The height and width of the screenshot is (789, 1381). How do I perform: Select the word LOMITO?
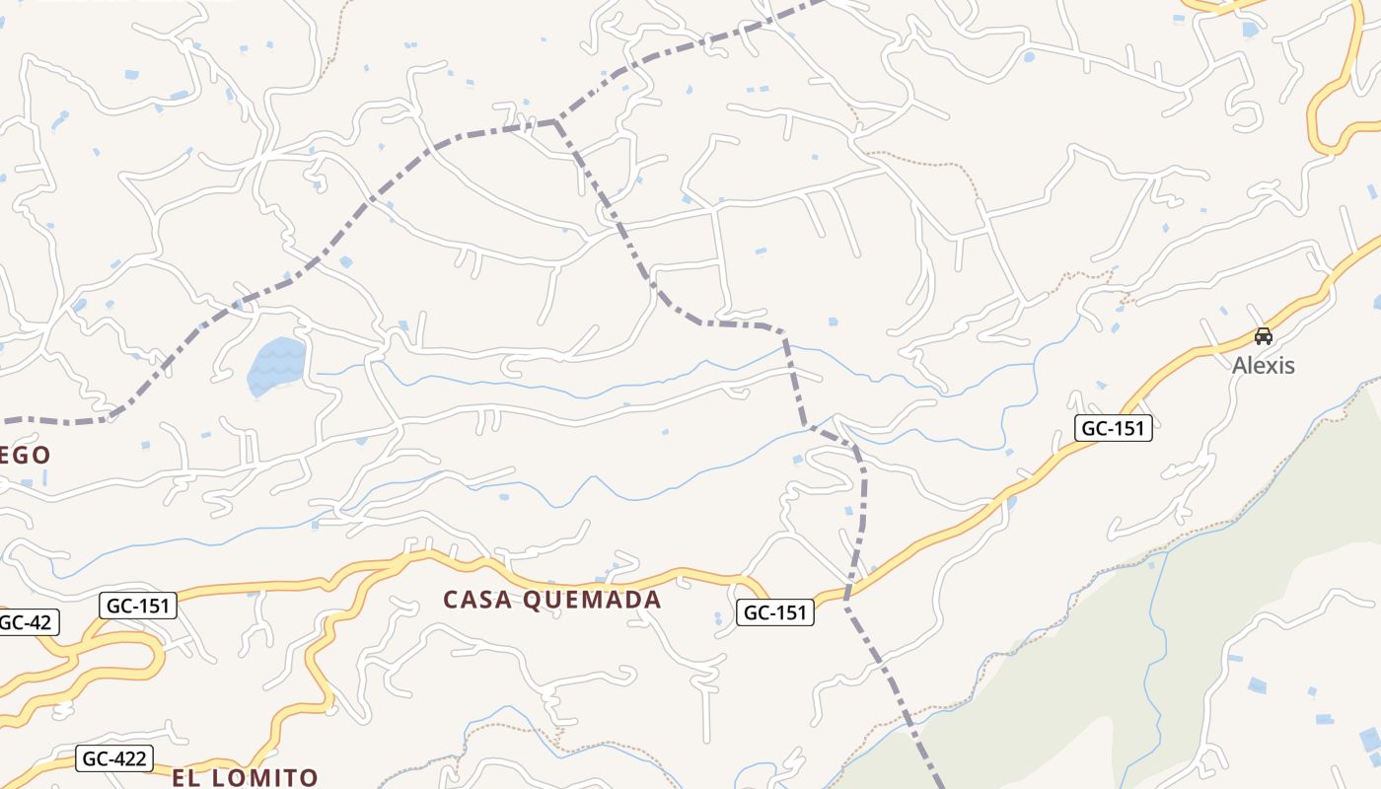click(x=261, y=777)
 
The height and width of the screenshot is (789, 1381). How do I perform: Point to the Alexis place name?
click(x=1263, y=365)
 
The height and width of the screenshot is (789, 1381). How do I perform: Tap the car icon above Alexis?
click(x=1263, y=336)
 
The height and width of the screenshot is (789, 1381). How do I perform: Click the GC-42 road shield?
click(x=24, y=622)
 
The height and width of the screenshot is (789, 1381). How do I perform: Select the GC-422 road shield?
click(x=114, y=758)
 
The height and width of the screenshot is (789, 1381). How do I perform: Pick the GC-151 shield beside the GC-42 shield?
click(x=138, y=605)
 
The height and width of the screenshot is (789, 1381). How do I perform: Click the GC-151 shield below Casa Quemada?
click(x=775, y=612)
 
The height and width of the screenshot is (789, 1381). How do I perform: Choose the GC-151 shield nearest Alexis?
click(x=1114, y=428)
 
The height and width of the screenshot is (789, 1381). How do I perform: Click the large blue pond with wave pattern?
click(x=276, y=365)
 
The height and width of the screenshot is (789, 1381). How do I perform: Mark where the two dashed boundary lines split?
click(x=555, y=121)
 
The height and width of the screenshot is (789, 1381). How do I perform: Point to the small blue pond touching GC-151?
click(x=1008, y=503)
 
